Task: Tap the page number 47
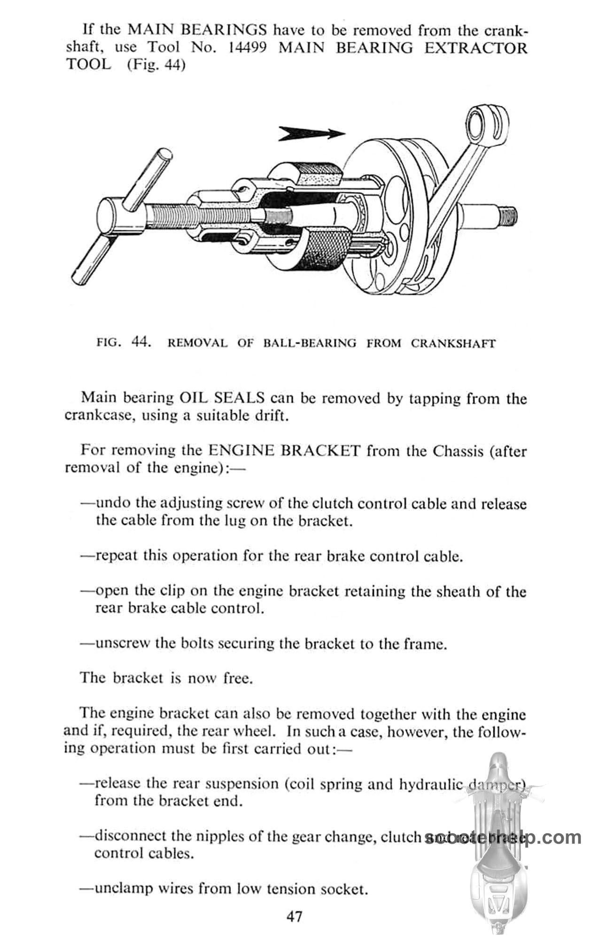pyautogui.click(x=295, y=916)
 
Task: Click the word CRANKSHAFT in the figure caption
pyautogui.click(x=453, y=343)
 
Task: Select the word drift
pyautogui.click(x=270, y=416)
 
